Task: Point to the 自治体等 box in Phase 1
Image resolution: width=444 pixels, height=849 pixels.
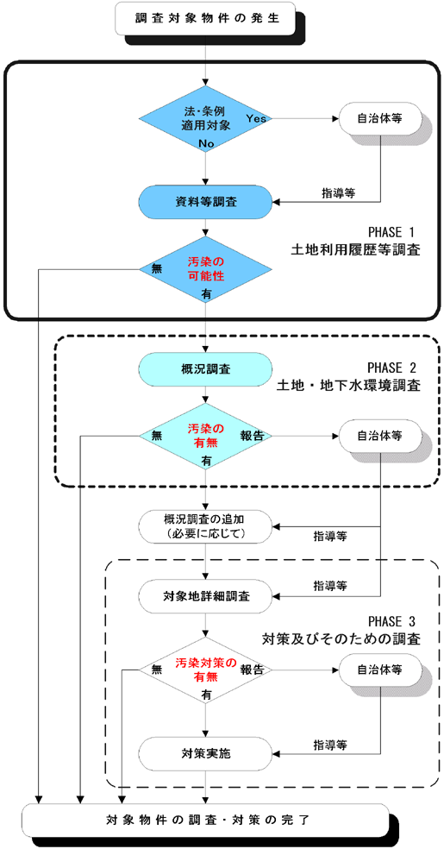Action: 377,117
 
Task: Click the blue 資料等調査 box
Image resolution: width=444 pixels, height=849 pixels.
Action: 206,202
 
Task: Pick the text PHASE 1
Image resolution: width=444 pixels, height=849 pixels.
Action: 393,232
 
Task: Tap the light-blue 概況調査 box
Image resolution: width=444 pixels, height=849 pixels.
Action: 206,369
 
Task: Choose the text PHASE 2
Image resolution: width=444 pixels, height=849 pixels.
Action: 393,367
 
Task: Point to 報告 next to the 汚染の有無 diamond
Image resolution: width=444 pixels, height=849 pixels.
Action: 253,437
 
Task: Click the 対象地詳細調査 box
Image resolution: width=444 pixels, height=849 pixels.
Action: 206,594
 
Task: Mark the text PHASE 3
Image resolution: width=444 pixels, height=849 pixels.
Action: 393,621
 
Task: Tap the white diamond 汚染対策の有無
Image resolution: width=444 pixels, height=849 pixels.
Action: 206,670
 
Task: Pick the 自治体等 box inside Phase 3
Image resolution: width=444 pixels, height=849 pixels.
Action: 377,669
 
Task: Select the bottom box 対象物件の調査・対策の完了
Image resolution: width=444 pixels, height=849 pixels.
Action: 206,818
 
